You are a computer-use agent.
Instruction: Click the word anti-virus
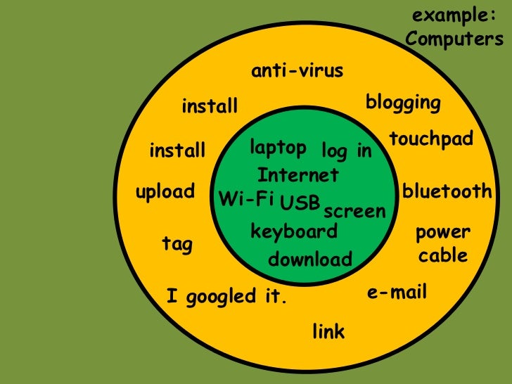coord(297,71)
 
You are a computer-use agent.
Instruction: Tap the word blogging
coord(403,103)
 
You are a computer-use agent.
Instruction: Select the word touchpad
coord(430,139)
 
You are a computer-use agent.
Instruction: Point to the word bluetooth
coord(447,191)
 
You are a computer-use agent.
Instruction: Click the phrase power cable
coord(442,243)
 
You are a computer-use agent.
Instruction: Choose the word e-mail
coord(397,292)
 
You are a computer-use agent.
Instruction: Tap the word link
coord(328,331)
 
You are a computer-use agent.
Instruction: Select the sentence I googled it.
coord(227,297)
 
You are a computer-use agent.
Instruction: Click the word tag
coord(177,244)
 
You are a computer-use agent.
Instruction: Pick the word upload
coord(165,191)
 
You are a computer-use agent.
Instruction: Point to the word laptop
coord(278,148)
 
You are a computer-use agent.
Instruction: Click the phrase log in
coord(346,151)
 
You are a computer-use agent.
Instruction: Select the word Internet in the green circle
coord(298,174)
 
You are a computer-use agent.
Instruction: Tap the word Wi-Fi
coord(246,198)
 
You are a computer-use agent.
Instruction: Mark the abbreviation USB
coord(300,205)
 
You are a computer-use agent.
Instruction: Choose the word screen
coord(354,211)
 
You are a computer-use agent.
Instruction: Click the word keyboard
coord(294,231)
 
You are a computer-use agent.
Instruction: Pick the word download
coord(309,260)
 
